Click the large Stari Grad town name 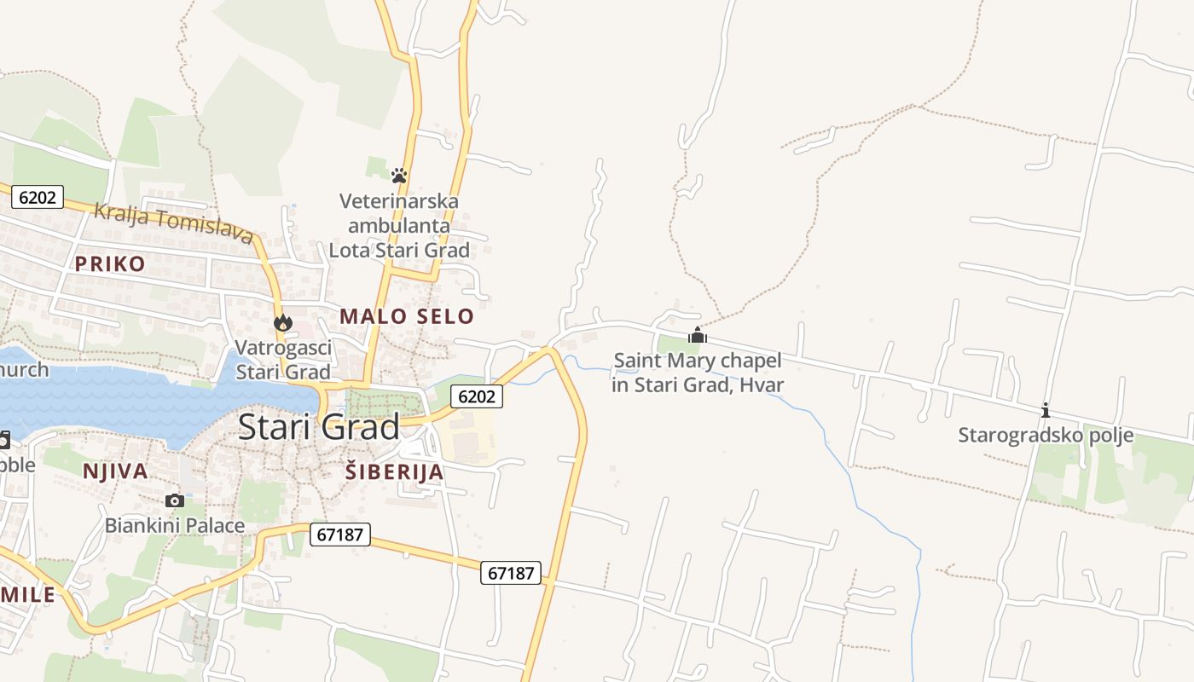click(x=318, y=426)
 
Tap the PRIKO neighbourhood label click(x=110, y=263)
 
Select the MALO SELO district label click(x=406, y=316)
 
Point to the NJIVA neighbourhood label click(x=115, y=471)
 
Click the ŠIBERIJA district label click(x=394, y=471)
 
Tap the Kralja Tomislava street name click(x=173, y=222)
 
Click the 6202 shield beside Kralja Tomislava click(x=38, y=198)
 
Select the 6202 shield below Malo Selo click(x=476, y=396)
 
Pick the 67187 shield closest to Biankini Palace click(x=339, y=535)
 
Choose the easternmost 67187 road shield click(x=512, y=573)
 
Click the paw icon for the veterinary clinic click(x=398, y=176)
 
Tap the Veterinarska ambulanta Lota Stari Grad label click(x=399, y=226)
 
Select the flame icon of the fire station click(x=283, y=323)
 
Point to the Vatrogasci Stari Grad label click(x=283, y=360)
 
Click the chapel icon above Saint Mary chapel click(x=698, y=335)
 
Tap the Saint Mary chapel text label click(x=698, y=373)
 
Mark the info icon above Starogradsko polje click(x=1046, y=410)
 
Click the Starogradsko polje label click(x=1046, y=436)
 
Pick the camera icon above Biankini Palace click(x=175, y=500)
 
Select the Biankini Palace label click(x=175, y=525)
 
